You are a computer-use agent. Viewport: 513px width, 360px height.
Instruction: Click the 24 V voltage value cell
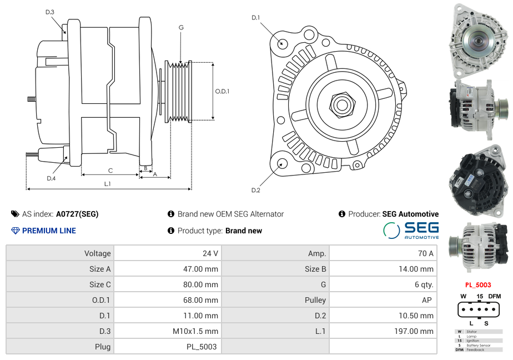[210, 253]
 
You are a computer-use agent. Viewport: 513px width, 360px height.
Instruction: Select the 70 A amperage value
[426, 253]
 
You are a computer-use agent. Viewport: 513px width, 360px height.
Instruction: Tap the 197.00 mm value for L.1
[419, 331]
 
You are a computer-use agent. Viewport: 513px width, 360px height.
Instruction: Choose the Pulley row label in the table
[315, 300]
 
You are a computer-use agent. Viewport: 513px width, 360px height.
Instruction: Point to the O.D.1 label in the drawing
[222, 91]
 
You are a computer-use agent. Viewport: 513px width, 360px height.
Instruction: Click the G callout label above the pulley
[181, 28]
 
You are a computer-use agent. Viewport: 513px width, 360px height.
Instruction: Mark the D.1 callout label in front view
[255, 18]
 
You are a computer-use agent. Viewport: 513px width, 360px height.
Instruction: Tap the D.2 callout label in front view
[255, 190]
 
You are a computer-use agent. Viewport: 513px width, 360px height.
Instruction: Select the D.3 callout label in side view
[50, 12]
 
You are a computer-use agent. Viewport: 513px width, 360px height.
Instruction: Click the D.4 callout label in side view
[51, 178]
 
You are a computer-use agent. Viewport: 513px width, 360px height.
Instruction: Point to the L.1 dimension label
[107, 183]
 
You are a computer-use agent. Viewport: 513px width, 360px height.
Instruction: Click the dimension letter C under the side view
[110, 171]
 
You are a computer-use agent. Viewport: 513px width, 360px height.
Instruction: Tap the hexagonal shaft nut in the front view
[341, 104]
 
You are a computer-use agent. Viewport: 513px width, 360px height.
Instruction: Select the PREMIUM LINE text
[49, 231]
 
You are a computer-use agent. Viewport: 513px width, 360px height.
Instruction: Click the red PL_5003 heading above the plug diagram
[478, 285]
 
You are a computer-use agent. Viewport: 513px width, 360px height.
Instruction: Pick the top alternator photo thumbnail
[478, 41]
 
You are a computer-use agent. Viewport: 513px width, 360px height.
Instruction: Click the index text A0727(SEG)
[77, 214]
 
